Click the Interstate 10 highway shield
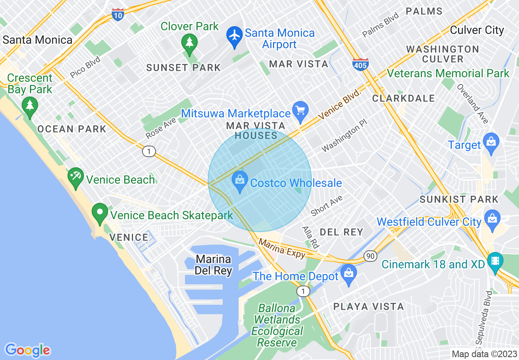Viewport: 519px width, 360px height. (x=118, y=15)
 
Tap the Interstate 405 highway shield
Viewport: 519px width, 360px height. (x=360, y=65)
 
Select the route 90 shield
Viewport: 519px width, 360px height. (x=370, y=256)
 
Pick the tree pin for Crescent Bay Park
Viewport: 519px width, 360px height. (x=29, y=106)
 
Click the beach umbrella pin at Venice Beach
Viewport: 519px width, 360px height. (x=75, y=178)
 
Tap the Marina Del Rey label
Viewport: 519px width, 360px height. (x=213, y=265)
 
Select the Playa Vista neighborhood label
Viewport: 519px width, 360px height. (x=368, y=306)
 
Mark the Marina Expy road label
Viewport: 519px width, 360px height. (x=282, y=249)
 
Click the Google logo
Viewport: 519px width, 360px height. (x=27, y=350)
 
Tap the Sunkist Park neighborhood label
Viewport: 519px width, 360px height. (x=459, y=200)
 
